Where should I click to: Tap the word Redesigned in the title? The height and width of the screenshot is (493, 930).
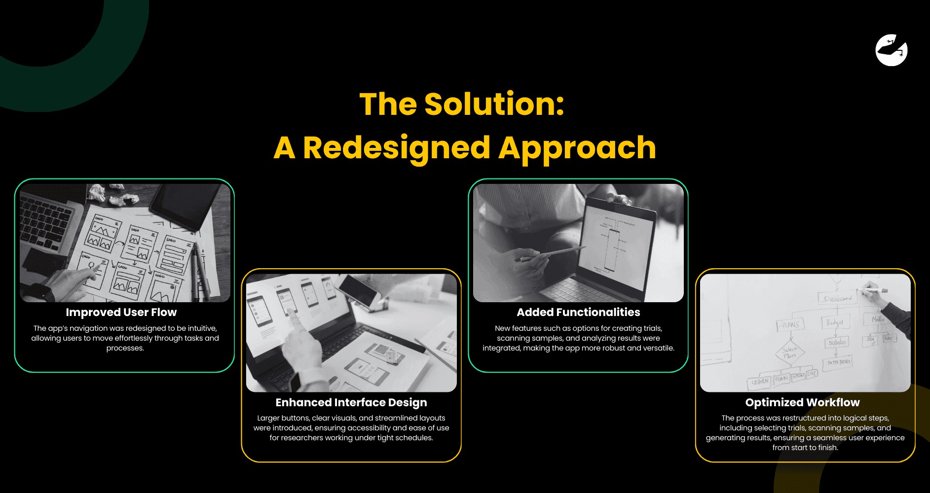click(x=397, y=148)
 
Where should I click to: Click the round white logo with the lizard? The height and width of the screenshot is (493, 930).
click(x=891, y=50)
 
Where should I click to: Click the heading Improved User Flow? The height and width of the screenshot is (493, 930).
click(x=121, y=313)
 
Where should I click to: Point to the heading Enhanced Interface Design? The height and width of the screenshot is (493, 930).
click(x=351, y=403)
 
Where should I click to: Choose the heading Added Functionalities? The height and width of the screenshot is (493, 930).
click(x=578, y=313)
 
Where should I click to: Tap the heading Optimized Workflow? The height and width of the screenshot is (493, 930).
click(x=802, y=403)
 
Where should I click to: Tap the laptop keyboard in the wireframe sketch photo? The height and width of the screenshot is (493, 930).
click(x=44, y=222)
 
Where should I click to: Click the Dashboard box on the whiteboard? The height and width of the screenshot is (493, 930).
click(x=837, y=299)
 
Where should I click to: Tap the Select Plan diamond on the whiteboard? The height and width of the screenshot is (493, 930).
click(x=790, y=352)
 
